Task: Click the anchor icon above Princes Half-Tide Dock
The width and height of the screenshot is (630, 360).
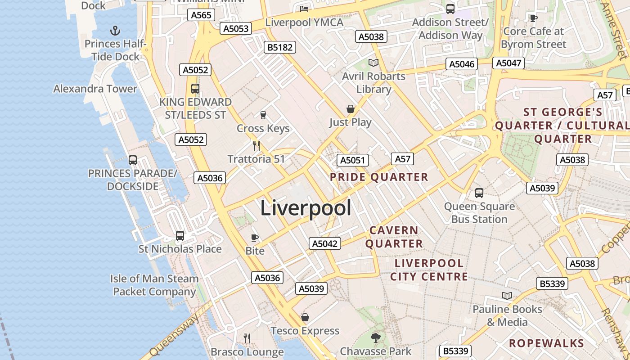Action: (x=116, y=31)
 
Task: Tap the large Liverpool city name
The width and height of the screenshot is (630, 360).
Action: (x=306, y=208)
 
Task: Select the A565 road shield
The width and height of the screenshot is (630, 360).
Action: (x=201, y=15)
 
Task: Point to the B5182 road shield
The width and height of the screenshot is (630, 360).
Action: (x=280, y=47)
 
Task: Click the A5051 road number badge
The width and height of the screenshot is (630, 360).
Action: (x=353, y=160)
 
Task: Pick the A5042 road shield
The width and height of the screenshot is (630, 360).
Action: (x=325, y=243)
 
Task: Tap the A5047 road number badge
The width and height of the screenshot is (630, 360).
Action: (x=508, y=63)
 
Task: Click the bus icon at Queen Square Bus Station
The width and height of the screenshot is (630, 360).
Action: (x=479, y=193)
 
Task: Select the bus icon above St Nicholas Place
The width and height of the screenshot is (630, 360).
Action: (x=180, y=236)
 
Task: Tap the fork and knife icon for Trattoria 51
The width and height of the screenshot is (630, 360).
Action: (x=256, y=145)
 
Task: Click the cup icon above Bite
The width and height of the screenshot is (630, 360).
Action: (x=255, y=238)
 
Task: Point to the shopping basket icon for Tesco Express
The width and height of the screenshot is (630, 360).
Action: (x=305, y=317)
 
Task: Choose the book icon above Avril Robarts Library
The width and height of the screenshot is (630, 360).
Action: (x=373, y=63)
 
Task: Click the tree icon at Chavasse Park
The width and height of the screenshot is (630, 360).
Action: (x=375, y=337)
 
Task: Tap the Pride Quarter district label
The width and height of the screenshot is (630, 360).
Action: (x=379, y=177)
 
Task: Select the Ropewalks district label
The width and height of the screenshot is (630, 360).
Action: (x=546, y=343)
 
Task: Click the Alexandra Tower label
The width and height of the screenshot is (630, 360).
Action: (x=95, y=89)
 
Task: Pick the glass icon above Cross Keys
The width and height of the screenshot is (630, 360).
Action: (x=263, y=115)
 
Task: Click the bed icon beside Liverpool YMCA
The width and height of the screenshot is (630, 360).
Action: (x=305, y=9)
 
